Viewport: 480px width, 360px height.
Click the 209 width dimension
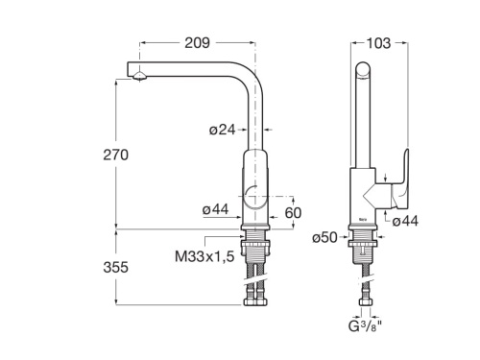pos(198,42)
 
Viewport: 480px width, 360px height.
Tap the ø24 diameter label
pos(223,130)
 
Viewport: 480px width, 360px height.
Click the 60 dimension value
pos(294,212)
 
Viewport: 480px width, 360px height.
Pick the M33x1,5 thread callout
pos(204,256)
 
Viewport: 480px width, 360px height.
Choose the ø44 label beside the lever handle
pos(405,221)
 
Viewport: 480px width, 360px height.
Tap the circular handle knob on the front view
pos(254,197)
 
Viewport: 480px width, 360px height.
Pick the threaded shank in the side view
pos(363,252)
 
